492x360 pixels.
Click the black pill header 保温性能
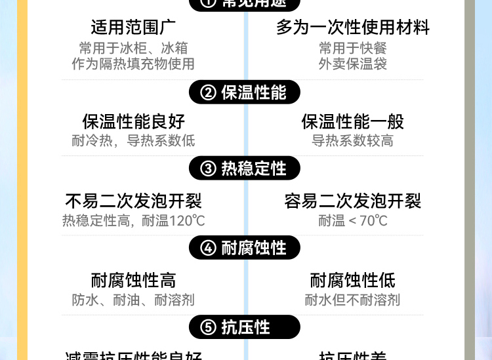point(245,92)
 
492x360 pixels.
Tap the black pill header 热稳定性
point(245,169)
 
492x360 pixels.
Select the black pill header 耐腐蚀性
point(245,248)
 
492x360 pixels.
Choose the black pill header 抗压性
point(245,327)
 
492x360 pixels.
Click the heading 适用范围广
point(133,28)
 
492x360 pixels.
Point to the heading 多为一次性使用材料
point(352,28)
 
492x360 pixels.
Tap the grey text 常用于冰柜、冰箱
point(133,48)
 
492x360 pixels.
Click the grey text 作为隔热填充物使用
point(133,64)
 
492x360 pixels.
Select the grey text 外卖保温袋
point(352,64)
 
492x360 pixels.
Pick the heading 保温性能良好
point(133,121)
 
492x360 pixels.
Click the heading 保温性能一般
point(352,121)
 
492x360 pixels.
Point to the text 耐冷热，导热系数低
point(133,141)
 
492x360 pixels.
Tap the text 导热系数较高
point(352,141)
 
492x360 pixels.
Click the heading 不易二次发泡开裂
point(133,201)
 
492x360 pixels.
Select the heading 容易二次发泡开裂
point(352,201)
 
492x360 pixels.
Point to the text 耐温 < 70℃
point(352,220)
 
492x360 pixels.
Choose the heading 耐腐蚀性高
point(133,281)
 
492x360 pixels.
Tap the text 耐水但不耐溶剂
point(352,300)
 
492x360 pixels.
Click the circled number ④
point(208,248)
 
